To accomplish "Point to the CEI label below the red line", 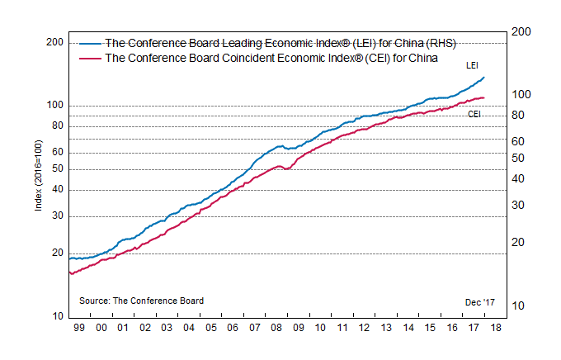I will [x=474, y=114].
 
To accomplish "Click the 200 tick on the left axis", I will [x=54, y=42].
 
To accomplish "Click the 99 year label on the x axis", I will [x=78, y=328].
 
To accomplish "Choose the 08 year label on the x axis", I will [x=276, y=328].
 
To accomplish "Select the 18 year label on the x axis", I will [x=495, y=328].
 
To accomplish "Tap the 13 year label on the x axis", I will [x=385, y=328].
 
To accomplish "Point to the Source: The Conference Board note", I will [x=141, y=301].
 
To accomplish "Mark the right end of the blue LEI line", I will [x=484, y=77].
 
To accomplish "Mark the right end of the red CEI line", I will [x=484, y=97].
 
